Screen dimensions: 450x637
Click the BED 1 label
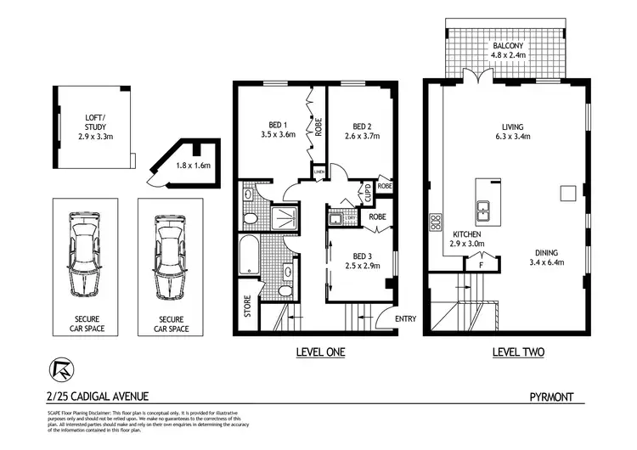(277, 127)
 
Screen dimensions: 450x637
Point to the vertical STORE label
(247, 305)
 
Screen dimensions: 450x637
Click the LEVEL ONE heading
(318, 352)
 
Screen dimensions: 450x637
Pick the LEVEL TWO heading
(518, 352)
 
